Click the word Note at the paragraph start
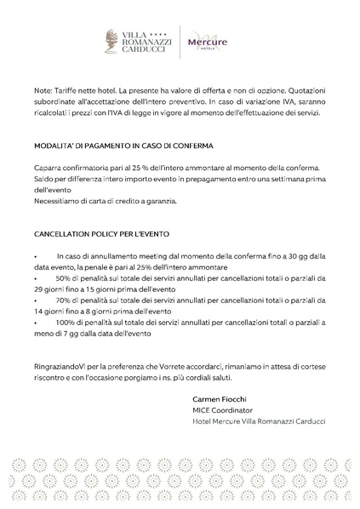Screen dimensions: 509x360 coord(43,89)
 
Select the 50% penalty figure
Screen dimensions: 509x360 coord(65,278)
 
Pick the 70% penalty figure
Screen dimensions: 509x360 coord(65,300)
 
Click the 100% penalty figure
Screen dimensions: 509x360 coord(66,323)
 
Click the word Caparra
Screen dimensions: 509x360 coord(49,169)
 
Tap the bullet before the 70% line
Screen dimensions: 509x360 coord(36,301)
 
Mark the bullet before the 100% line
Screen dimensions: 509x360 coord(36,324)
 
